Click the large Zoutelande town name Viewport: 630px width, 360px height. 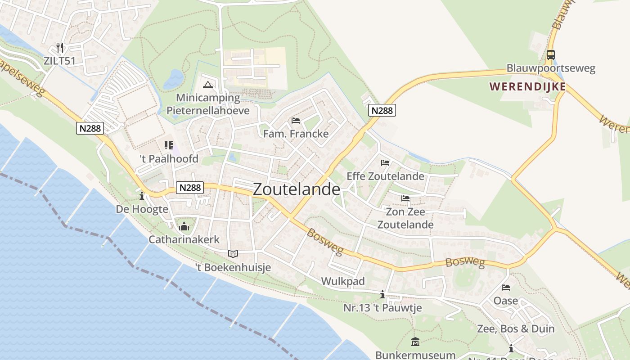pyautogui.click(x=297, y=189)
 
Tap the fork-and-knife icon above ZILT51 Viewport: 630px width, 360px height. pyautogui.click(x=60, y=48)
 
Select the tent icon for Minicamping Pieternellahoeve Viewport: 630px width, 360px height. pyautogui.click(x=207, y=85)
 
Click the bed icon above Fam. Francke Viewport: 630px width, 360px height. pyautogui.click(x=296, y=121)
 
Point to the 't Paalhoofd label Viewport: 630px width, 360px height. pyautogui.click(x=169, y=159)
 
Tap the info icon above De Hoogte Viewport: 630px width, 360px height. pyautogui.click(x=142, y=196)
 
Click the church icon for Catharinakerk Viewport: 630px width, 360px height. pyautogui.click(x=184, y=226)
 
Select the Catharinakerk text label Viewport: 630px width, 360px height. pyautogui.click(x=184, y=239)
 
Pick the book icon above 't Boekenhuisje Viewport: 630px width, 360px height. pyautogui.click(x=233, y=254)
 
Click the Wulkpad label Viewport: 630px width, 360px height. pyautogui.click(x=343, y=281)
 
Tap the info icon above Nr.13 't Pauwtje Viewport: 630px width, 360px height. pyautogui.click(x=382, y=295)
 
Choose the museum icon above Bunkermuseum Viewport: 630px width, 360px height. pyautogui.click(x=415, y=342)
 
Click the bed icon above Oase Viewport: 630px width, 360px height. pyautogui.click(x=506, y=288)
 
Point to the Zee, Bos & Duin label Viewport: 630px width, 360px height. pyautogui.click(x=516, y=329)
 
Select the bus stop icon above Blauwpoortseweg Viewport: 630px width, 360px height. pyautogui.click(x=550, y=55)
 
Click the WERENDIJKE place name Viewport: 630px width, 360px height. pyautogui.click(x=527, y=86)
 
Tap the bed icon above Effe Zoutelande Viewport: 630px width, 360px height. pyautogui.click(x=385, y=163)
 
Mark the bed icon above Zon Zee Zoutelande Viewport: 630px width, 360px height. pyautogui.click(x=405, y=198)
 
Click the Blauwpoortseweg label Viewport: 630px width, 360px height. pyautogui.click(x=551, y=68)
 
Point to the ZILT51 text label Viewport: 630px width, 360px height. pyautogui.click(x=60, y=60)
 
